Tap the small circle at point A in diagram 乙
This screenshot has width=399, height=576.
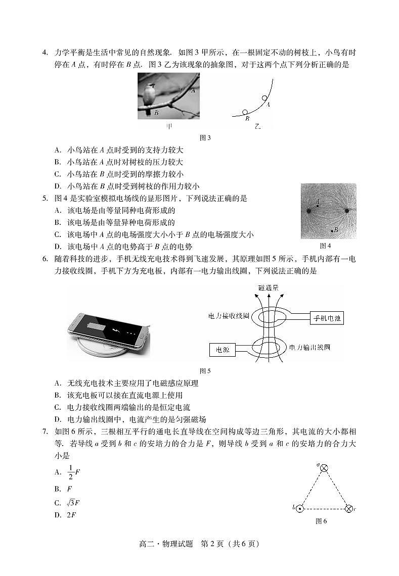click(263, 99)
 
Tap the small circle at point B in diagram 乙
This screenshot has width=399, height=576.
click(245, 112)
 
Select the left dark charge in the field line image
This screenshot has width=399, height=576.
click(308, 210)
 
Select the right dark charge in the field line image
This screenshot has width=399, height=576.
click(347, 210)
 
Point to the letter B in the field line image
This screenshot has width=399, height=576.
click(336, 230)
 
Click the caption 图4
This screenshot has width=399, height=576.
click(325, 246)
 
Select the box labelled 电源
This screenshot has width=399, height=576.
click(222, 349)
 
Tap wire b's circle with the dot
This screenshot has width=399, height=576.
click(299, 508)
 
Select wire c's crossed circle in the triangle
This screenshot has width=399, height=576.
click(348, 508)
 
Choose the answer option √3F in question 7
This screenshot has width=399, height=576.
click(74, 503)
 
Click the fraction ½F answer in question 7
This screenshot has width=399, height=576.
click(74, 472)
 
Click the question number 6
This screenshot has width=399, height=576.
click(45, 258)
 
